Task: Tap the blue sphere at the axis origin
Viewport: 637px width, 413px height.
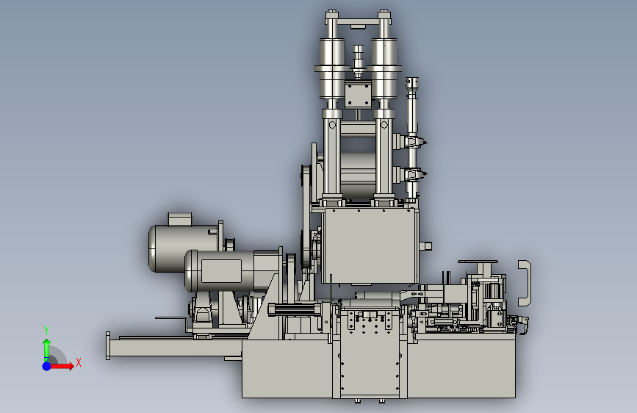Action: coord(47,366)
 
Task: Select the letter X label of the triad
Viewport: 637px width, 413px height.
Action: coord(79,362)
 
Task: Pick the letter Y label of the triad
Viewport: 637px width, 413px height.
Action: coord(46,331)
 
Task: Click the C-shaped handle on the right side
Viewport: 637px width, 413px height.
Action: coord(525,283)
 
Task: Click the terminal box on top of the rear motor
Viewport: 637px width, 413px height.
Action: coord(179,219)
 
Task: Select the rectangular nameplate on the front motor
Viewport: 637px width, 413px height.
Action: coord(221,270)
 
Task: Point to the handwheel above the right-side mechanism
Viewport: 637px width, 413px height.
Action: coord(478,262)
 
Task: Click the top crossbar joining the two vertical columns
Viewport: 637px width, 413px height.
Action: coord(358,22)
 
